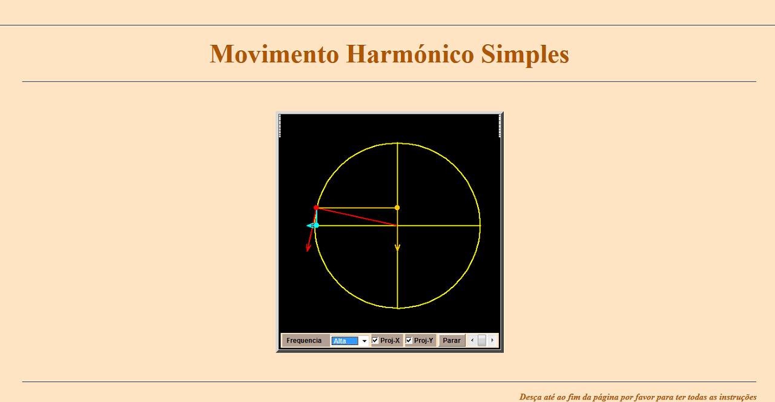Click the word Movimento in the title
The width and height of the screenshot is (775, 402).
point(274,54)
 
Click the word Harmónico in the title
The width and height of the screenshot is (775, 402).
point(410,54)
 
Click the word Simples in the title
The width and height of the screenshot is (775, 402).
point(525,54)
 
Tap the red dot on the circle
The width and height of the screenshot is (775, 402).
point(316,208)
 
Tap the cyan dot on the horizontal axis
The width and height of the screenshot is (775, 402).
point(316,226)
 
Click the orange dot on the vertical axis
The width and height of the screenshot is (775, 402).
point(397,208)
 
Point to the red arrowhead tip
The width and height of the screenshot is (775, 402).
point(308,251)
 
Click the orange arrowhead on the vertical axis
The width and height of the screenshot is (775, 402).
point(398,248)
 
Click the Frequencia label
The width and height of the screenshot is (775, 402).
point(304,340)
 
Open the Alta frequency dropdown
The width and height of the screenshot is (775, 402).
point(349,341)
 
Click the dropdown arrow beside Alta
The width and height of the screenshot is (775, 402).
point(364,341)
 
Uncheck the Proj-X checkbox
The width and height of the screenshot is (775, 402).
point(375,340)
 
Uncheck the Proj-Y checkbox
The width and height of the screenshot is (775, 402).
point(409,340)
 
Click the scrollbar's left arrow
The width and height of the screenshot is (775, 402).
point(472,340)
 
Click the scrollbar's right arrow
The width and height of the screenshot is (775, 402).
point(492,340)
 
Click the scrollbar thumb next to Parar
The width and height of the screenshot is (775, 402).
point(482,340)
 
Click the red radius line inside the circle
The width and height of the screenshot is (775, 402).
point(357,217)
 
